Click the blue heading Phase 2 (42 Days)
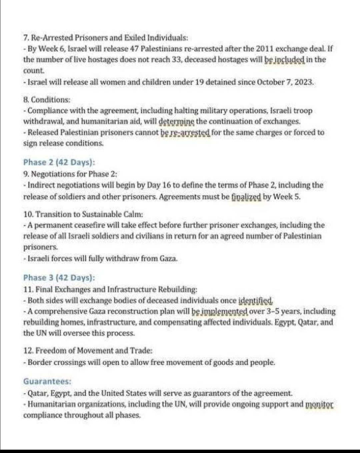pos(59,162)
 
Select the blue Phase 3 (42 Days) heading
pos(59,278)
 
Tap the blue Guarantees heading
pos(47,381)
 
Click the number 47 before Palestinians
pos(134,49)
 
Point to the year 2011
pos(265,49)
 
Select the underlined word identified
pos(256,300)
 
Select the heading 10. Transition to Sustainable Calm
pos(88,214)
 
